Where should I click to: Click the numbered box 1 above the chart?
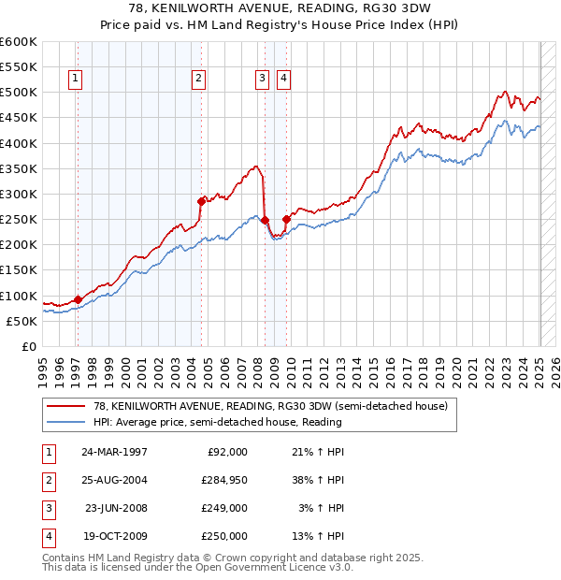tap(74, 80)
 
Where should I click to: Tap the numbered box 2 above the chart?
tap(199, 80)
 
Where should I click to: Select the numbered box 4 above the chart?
tap(282, 80)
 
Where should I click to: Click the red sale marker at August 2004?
tap(201, 200)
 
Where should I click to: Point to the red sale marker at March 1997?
tap(78, 299)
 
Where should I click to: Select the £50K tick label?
tap(22, 321)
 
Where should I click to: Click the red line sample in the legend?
tap(66, 406)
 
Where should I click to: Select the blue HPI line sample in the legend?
tap(66, 422)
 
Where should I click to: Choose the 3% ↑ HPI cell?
tap(319, 508)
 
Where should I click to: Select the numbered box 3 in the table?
tap(47, 508)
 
